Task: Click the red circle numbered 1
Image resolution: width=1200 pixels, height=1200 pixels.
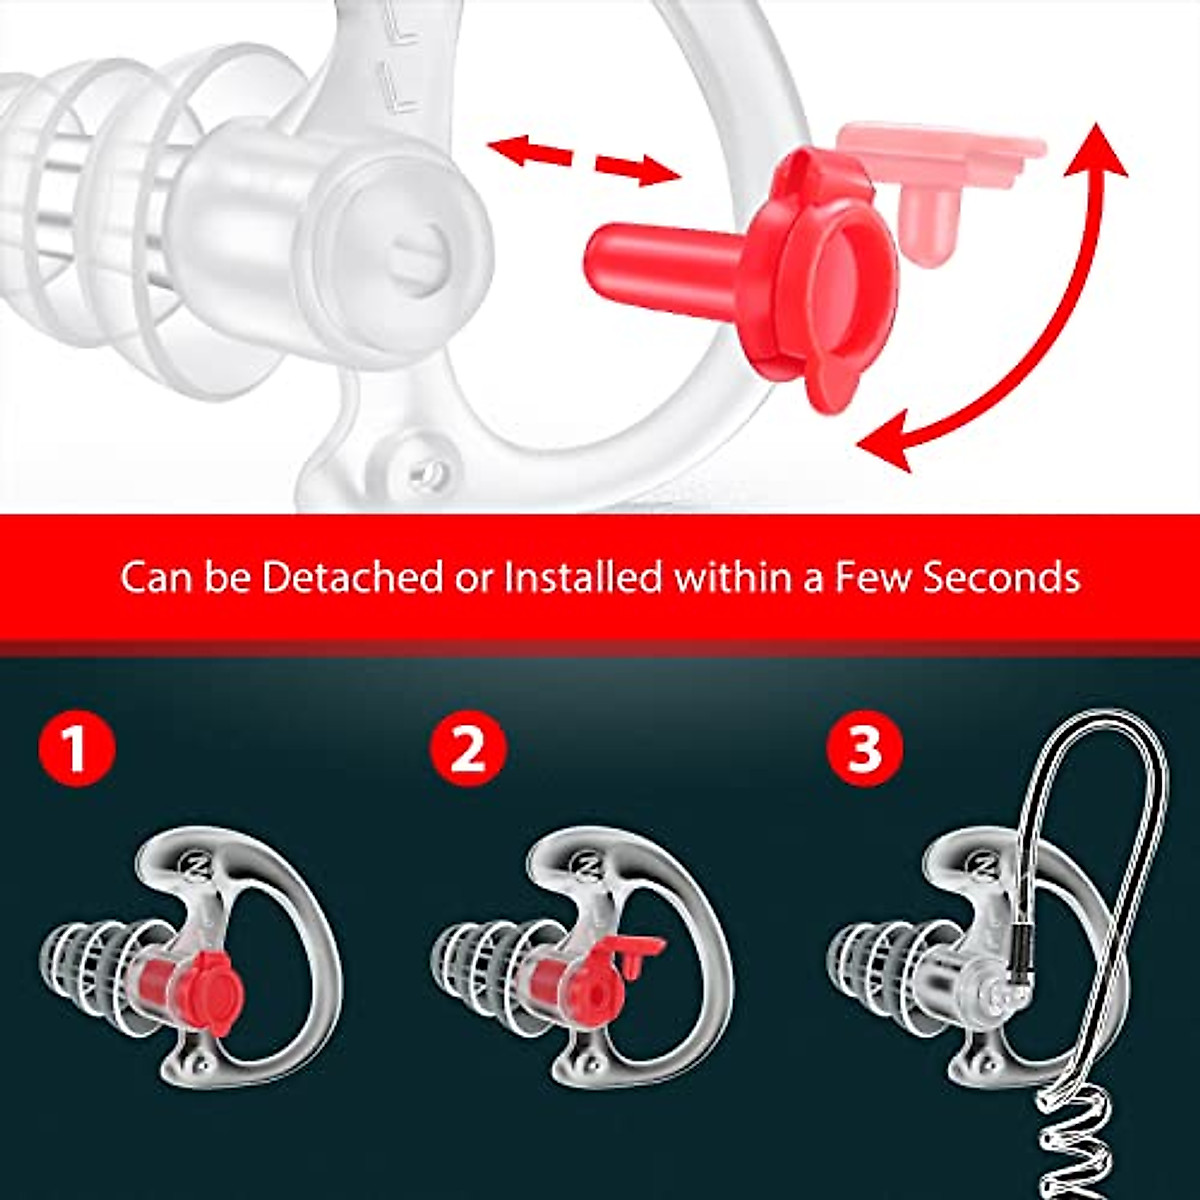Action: coord(77,749)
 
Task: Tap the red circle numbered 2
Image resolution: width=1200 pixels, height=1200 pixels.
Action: coord(468,749)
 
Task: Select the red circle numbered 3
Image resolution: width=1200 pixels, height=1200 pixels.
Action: coord(864,749)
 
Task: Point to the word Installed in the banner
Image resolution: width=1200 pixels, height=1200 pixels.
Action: coord(582,578)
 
